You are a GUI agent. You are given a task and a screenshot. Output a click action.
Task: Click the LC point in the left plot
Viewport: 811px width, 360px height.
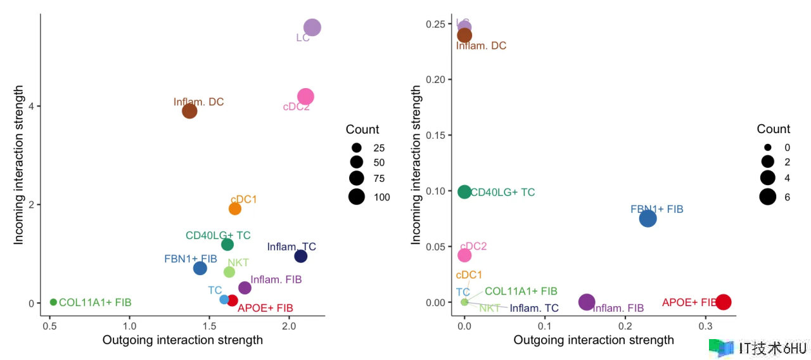[312, 27]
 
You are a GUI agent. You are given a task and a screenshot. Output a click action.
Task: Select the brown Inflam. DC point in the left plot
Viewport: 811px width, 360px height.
[189, 111]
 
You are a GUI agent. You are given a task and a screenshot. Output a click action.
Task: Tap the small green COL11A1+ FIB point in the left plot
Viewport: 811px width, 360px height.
[53, 302]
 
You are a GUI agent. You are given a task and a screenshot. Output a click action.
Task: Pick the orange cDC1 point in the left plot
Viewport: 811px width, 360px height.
[235, 209]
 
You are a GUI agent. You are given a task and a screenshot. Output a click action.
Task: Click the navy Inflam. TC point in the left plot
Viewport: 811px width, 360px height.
[301, 256]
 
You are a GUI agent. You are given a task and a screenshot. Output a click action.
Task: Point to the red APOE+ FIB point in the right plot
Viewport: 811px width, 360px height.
[723, 302]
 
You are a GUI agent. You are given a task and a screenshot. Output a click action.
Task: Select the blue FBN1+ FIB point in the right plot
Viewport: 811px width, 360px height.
[648, 219]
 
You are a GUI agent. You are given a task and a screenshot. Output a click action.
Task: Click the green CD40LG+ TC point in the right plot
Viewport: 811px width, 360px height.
[464, 192]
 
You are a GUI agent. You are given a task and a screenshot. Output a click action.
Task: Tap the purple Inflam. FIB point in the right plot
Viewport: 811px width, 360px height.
[587, 302]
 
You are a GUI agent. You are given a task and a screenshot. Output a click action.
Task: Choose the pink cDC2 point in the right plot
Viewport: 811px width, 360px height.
[464, 255]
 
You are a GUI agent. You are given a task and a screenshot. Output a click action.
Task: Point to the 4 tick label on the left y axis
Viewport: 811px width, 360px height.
[30, 106]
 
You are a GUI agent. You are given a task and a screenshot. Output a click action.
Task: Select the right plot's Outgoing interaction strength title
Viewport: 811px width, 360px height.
[594, 340]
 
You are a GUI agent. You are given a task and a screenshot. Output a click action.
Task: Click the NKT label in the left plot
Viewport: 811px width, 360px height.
[238, 262]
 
